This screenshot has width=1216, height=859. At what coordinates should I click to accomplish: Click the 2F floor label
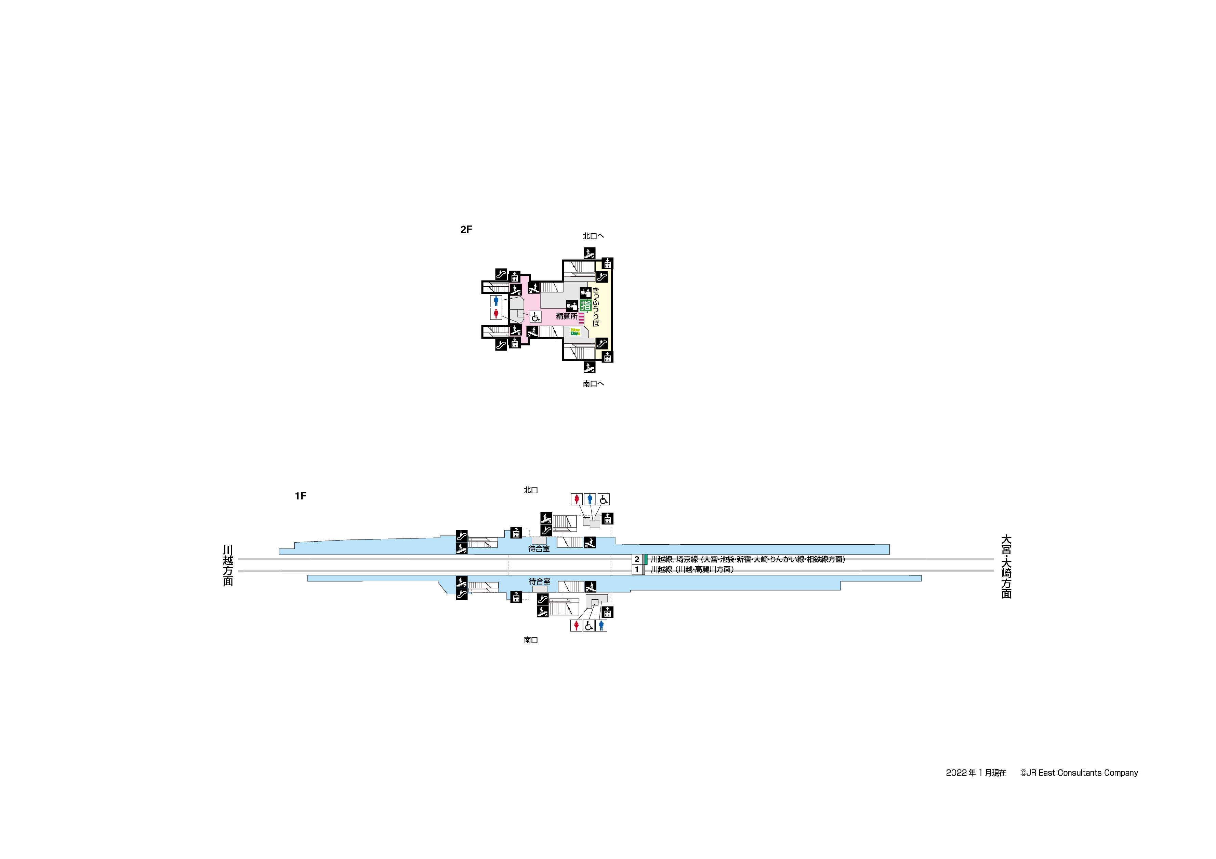coord(466,229)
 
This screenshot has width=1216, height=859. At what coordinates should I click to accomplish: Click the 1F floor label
coord(300,496)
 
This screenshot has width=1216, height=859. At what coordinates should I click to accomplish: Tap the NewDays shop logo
coord(575,332)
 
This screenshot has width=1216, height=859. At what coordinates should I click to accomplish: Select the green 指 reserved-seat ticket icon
coord(585,305)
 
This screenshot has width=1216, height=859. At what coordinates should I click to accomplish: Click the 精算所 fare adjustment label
coord(567,316)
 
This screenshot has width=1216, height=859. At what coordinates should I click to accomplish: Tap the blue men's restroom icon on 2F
coord(496,301)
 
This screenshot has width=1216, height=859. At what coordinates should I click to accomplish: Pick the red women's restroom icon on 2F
coord(496,314)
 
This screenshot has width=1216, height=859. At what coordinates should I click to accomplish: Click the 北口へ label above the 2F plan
coord(593,236)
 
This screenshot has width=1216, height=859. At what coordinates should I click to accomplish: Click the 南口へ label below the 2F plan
coord(593,384)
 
